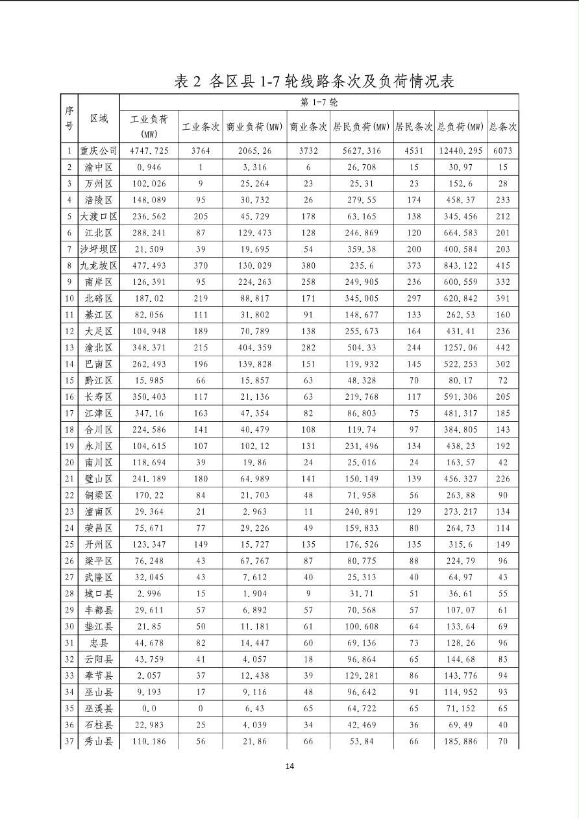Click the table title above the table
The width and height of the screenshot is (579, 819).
[x=314, y=81]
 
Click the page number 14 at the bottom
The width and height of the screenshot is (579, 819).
[x=289, y=766]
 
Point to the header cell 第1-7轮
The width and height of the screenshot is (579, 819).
[x=319, y=103]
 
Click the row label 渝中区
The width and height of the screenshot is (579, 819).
[x=99, y=167]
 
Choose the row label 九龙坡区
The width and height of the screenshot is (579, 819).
[x=99, y=265]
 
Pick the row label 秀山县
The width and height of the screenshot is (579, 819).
[x=99, y=741]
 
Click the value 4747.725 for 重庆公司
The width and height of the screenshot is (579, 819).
[x=149, y=151]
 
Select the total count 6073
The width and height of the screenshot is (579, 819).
[x=502, y=151]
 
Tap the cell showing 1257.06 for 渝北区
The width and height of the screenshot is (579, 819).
[x=460, y=348]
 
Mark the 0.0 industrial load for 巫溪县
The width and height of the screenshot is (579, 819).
[x=149, y=709]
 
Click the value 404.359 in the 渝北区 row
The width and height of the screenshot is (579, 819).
[x=254, y=348]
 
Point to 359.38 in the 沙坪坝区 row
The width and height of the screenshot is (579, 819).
[x=361, y=249]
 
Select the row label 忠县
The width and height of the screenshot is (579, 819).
[x=99, y=643]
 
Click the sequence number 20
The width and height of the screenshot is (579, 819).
[x=69, y=463]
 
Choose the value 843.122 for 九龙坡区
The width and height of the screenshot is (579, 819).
[x=460, y=265]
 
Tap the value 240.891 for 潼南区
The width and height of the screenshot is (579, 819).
[x=361, y=512]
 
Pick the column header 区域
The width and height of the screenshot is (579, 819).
[x=99, y=119]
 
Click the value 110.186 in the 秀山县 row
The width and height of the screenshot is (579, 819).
[x=149, y=741]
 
